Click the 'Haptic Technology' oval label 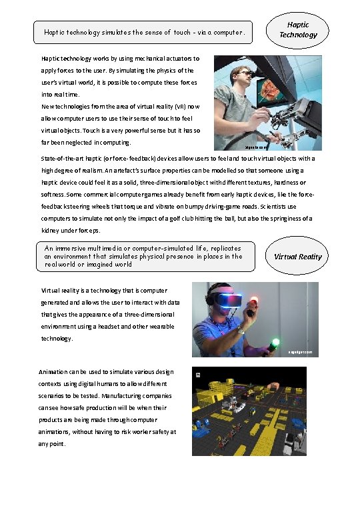pos(299,30)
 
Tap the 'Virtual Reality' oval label pos(298,257)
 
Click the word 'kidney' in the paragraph pos(51,230)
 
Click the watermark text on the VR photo pos(299,351)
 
